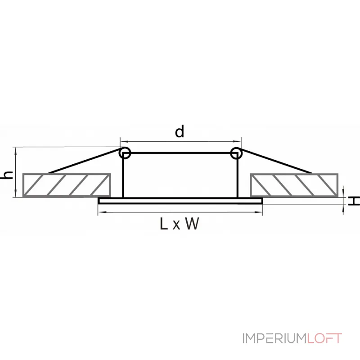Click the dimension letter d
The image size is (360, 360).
pyautogui.click(x=180, y=132)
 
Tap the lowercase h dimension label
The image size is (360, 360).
pyautogui.click(x=6, y=175)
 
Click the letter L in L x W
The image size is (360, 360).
pyautogui.click(x=163, y=224)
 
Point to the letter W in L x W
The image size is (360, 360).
pyautogui.click(x=191, y=224)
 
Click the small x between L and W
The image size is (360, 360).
pyautogui.click(x=176, y=225)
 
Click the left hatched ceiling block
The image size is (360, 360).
pyautogui.click(x=66, y=185)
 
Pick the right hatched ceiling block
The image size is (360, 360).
pyautogui.click(x=294, y=185)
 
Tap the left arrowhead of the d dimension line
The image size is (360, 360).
pyautogui.click(x=123, y=140)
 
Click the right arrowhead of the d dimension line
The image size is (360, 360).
pyautogui.click(x=239, y=140)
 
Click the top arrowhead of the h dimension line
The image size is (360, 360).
pyautogui.click(x=16, y=150)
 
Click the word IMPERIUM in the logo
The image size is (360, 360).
pyautogui.click(x=275, y=338)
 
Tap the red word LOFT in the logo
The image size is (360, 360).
pyautogui.click(x=325, y=338)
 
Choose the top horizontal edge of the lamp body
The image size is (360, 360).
pyautogui.click(x=180, y=153)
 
